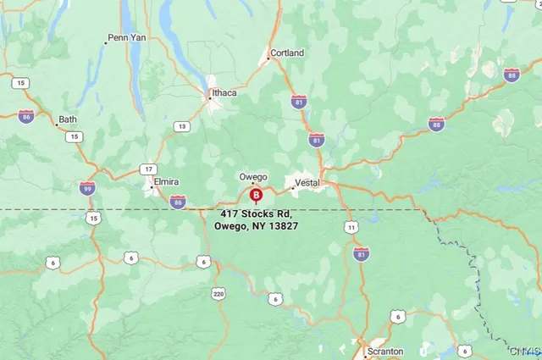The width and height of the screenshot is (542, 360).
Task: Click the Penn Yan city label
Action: coord(130,39)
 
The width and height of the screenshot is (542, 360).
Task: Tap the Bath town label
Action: coord(68,119)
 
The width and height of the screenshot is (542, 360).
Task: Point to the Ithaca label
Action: coord(224,93)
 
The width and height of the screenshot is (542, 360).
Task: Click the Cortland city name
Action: coord(287,53)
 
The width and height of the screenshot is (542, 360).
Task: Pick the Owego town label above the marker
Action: coord(252,177)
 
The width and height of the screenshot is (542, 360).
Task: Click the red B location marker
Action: coord(257,196)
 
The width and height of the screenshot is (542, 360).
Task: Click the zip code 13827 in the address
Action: coord(283,226)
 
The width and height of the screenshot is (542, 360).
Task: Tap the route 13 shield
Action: coord(182,126)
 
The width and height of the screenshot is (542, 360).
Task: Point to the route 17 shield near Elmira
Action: coord(149,169)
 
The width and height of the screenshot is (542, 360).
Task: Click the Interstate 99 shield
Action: coord(87,188)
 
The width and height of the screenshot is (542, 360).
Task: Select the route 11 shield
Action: coord(351,227)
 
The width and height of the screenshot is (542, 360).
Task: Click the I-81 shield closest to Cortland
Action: coord(299,102)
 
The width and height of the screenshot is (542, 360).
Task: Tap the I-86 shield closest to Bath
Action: coord(27,117)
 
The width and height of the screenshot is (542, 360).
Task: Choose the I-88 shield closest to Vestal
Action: coord(436,125)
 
